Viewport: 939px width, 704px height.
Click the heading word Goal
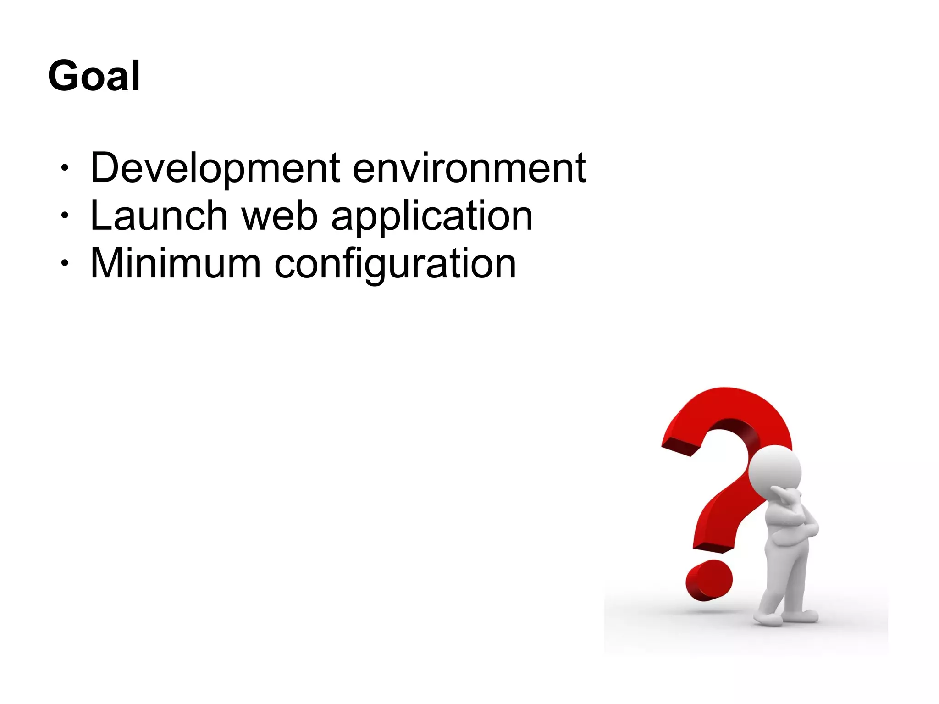point(94,76)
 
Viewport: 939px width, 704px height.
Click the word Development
point(215,168)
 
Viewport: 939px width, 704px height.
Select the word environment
point(469,168)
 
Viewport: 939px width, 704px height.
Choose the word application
point(432,216)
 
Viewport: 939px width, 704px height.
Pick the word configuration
point(395,265)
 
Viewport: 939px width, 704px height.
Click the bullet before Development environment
point(65,168)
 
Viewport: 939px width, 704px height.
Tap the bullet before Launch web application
point(65,215)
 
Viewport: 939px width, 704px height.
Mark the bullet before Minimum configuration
point(65,263)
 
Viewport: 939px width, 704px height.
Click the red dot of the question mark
point(708,580)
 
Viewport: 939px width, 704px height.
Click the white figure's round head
point(775,472)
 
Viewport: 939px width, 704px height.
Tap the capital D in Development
point(105,168)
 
